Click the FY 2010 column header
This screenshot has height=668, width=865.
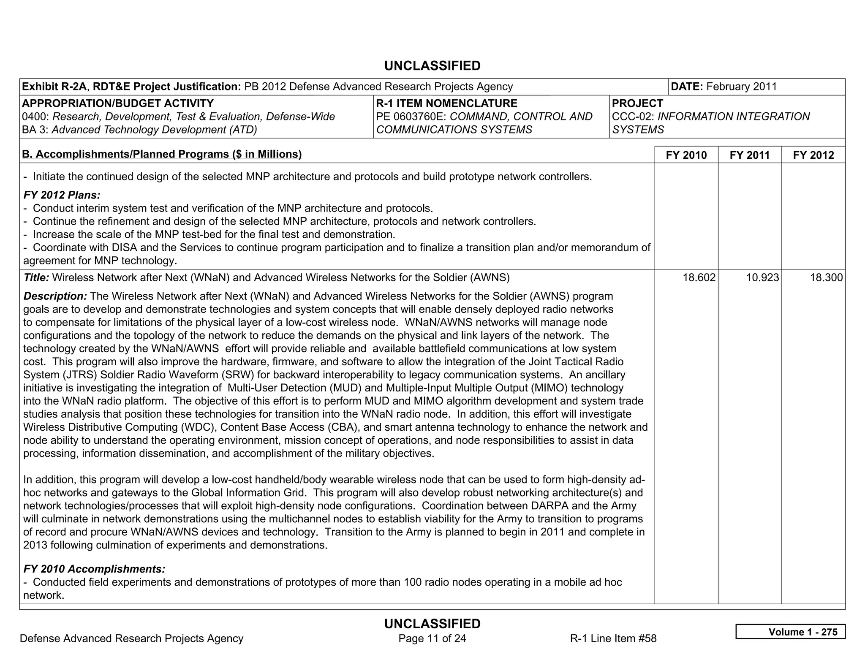(686, 155)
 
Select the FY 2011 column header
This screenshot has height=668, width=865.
(750, 155)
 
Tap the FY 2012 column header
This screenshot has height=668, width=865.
(813, 155)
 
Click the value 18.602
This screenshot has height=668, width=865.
(699, 277)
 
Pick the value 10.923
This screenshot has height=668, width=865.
(762, 277)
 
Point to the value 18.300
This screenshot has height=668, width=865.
(826, 277)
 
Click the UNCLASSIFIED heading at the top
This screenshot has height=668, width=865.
(432, 66)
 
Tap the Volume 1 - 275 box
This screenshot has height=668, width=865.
(790, 632)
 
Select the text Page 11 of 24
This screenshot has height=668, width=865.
(432, 638)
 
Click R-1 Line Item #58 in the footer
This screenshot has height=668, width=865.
(613, 638)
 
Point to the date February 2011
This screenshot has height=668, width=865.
(741, 87)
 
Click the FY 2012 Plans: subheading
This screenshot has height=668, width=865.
(62, 195)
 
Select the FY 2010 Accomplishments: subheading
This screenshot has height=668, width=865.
(94, 569)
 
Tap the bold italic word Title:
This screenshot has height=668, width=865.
(36, 277)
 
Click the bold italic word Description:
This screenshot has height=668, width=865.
(55, 296)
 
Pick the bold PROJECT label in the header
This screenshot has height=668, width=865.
(637, 103)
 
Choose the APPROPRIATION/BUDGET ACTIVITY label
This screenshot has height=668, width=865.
(118, 103)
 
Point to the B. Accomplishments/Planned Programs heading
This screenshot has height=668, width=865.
(162, 154)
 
